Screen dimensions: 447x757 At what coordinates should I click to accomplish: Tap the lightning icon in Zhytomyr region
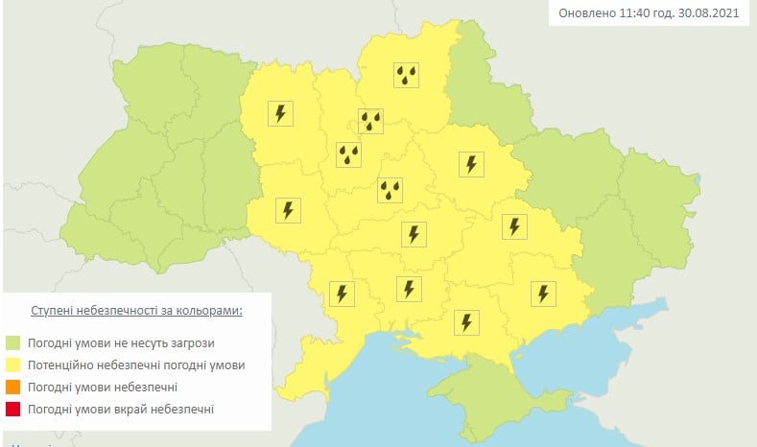pos(280,113)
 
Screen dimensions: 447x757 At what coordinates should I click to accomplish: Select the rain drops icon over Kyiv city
pos(370,121)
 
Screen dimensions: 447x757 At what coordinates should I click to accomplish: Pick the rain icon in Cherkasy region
pos(390,190)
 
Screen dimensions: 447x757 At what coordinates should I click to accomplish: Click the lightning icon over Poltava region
pos(470,164)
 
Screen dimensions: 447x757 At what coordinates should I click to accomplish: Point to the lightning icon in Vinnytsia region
pos(287,210)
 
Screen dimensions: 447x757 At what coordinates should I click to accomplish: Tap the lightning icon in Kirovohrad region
pos(414,233)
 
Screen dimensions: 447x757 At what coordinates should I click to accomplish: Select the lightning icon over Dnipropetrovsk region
pos(514,225)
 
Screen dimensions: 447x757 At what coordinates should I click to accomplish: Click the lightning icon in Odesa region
pos(341,293)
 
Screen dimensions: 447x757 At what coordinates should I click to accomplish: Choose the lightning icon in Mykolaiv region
pos(409,288)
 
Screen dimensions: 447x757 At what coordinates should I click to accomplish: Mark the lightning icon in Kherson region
pos(466,321)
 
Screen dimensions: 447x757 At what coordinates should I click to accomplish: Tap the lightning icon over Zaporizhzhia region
pos(543,293)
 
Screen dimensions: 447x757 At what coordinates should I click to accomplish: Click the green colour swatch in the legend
pos(12,342)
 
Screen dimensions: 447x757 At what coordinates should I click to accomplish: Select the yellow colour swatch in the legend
pos(12,365)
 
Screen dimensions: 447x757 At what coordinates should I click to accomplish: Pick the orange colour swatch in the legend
pos(12,388)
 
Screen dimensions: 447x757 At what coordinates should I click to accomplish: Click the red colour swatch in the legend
pos(12,410)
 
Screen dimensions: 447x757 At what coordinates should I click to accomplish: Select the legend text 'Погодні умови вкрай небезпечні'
pos(120,410)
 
